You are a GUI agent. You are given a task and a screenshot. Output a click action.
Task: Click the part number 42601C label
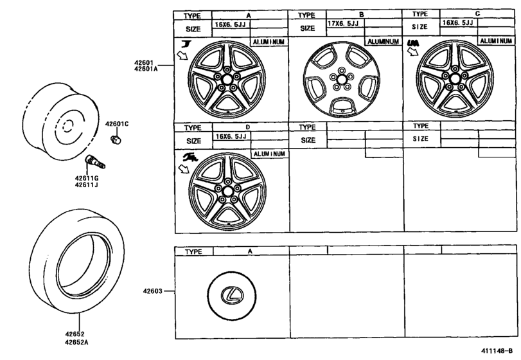(117, 123)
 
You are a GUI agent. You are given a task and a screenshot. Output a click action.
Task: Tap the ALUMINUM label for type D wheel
(270, 154)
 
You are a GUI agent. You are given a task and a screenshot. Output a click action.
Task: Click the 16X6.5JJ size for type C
(459, 23)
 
